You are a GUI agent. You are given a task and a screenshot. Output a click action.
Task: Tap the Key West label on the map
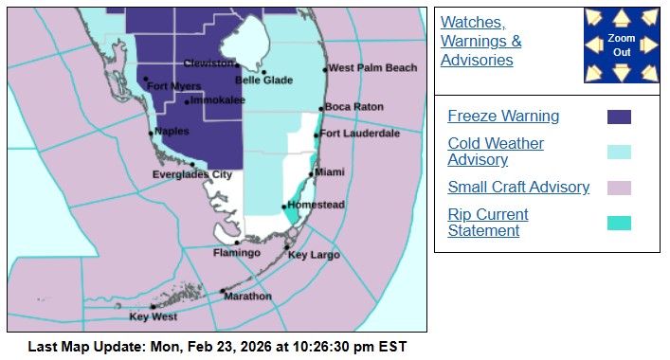(x=153, y=316)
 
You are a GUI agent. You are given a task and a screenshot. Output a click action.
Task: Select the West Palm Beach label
(x=372, y=68)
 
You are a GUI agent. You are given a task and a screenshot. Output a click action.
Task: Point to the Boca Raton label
(x=353, y=107)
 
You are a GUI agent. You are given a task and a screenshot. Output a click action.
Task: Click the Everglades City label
(x=192, y=174)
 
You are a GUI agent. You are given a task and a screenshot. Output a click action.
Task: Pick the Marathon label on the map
(x=247, y=297)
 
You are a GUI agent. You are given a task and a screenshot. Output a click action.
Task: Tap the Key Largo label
(x=314, y=255)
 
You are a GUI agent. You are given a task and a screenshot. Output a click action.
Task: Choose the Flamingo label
(x=236, y=253)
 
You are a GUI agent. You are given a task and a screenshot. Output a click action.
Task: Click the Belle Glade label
(x=263, y=81)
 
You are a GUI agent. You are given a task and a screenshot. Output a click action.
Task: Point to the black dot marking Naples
(x=151, y=134)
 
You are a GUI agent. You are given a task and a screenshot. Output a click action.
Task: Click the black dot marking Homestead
(x=284, y=207)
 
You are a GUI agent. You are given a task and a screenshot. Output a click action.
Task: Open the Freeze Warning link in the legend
(x=503, y=117)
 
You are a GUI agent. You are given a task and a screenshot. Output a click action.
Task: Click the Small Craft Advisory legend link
(x=518, y=188)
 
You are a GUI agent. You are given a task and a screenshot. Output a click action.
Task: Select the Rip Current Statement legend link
(x=488, y=223)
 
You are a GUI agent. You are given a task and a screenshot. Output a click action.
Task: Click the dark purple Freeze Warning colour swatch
(x=619, y=117)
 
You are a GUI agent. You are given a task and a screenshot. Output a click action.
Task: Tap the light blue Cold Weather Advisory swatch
(x=619, y=152)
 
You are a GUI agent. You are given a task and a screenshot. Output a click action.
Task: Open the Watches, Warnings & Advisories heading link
(x=481, y=41)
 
